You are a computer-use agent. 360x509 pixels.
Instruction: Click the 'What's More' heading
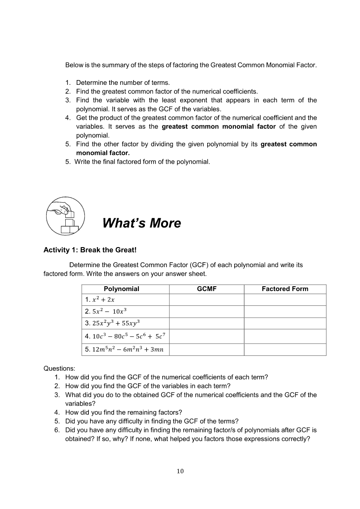141,223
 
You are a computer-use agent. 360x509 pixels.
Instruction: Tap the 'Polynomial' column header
121,289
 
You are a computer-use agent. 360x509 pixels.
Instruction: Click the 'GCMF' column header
206,289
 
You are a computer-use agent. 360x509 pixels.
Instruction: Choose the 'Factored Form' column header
285,289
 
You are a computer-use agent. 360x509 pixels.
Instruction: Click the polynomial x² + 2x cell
100,300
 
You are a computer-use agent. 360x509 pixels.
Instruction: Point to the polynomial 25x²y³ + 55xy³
112,323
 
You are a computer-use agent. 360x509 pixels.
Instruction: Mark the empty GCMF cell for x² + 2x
206,300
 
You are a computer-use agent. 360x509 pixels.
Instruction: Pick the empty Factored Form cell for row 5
285,350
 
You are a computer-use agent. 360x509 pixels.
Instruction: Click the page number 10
180,471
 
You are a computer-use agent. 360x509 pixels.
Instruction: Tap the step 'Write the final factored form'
142,162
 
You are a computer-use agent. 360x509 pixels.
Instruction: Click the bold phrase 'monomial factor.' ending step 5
103,153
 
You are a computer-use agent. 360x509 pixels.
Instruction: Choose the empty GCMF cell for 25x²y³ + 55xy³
206,323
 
